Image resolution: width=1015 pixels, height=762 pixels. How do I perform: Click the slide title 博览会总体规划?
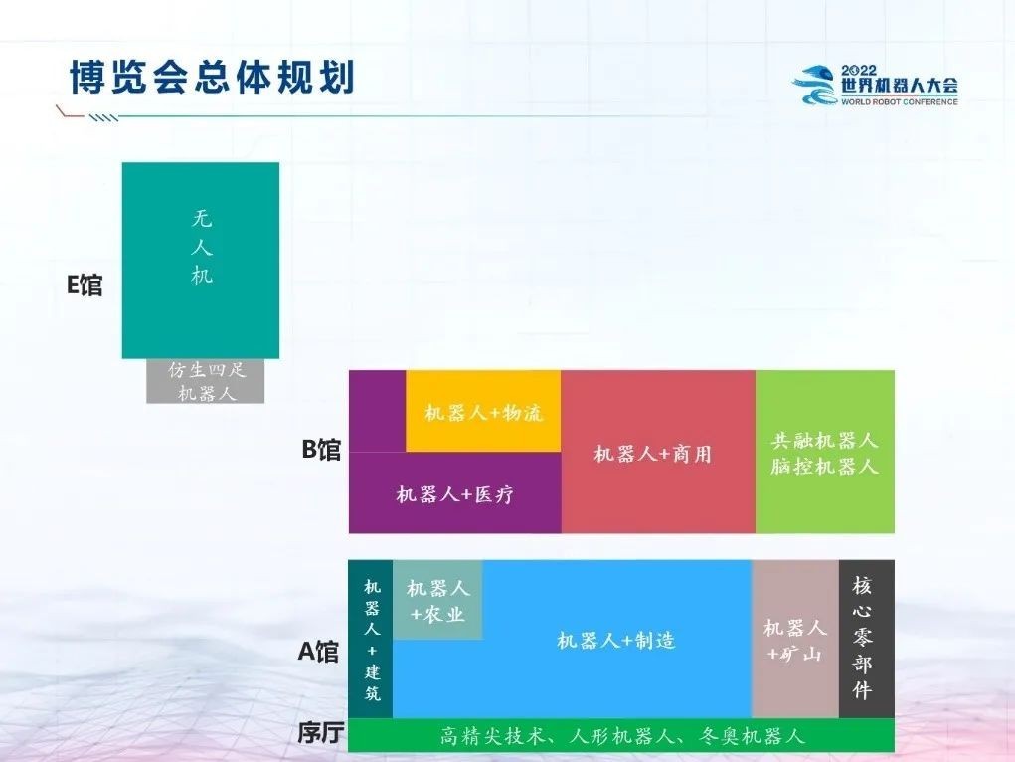[212, 78]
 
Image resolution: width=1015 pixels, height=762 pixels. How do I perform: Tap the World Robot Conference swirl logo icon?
[815, 85]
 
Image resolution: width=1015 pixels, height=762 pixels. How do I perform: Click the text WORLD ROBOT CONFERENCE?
[899, 101]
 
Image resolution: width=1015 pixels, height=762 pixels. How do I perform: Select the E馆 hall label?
[85, 286]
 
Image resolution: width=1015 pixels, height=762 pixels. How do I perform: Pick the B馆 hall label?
[321, 449]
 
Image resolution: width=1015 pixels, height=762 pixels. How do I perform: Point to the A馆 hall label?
[318, 652]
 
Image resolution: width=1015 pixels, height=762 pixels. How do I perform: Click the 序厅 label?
[320, 733]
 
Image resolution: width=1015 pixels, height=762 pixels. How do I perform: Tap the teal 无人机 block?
[201, 261]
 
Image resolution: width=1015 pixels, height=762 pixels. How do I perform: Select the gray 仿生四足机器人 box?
[205, 381]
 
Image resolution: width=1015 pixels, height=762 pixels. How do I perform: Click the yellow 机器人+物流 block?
[483, 412]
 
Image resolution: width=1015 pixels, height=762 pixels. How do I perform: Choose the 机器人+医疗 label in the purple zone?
[454, 495]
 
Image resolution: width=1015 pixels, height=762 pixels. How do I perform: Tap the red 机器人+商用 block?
[658, 452]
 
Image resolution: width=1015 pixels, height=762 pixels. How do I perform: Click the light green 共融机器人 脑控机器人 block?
[825, 452]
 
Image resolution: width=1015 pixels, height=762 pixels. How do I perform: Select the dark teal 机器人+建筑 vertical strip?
[371, 639]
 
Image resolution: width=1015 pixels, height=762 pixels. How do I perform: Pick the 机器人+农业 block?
[437, 600]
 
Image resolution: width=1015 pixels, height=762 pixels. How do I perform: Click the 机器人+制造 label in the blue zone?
[616, 641]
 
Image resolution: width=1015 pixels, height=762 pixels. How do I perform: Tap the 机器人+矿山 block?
[795, 639]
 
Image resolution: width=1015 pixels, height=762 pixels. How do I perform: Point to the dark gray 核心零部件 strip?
[867, 639]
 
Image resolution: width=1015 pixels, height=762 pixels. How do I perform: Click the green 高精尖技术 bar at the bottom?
[621, 735]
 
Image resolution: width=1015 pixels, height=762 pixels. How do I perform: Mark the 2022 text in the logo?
[859, 70]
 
